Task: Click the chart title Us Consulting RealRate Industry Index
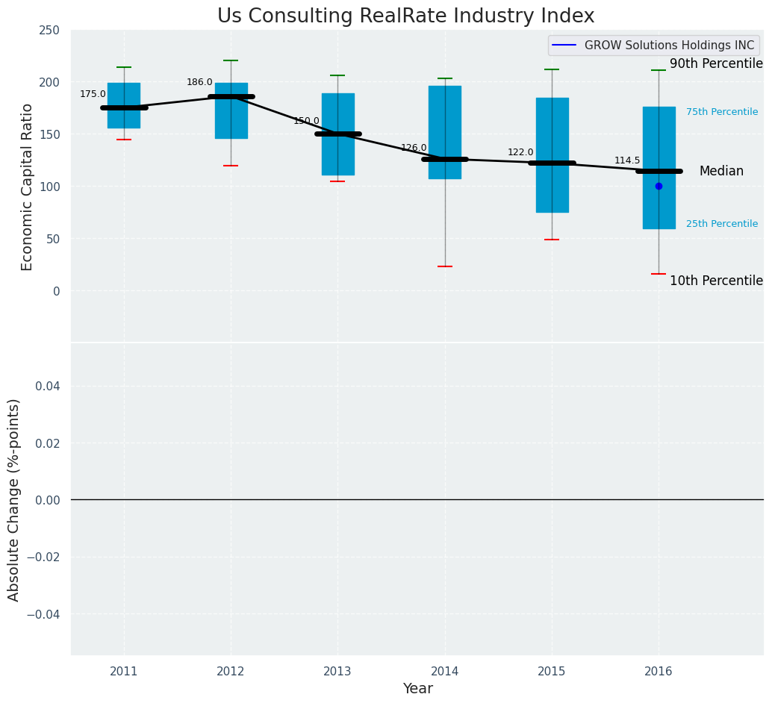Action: (405, 16)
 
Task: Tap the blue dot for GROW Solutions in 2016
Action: (659, 187)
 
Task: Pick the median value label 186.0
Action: (199, 83)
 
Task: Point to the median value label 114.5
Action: (627, 161)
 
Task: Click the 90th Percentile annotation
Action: (716, 64)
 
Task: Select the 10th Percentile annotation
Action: (716, 281)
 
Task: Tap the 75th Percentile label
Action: (722, 112)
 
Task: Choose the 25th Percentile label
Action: (722, 224)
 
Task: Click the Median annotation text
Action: (721, 172)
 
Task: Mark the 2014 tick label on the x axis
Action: (445, 672)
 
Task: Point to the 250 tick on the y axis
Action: (49, 31)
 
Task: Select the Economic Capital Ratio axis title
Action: (28, 187)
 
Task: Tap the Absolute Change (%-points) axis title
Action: (14, 499)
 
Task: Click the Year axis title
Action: (417, 689)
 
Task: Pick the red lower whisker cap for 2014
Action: (445, 266)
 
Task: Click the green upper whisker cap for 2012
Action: (231, 60)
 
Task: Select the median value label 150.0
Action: (306, 121)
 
